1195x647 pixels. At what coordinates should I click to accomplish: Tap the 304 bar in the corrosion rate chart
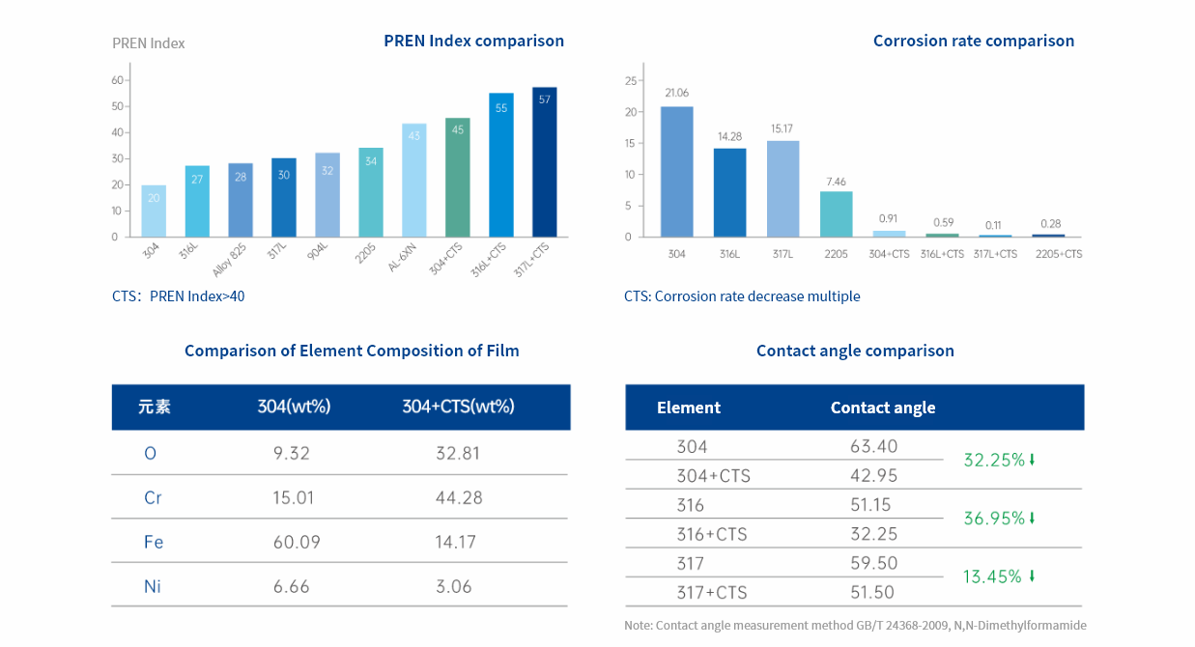676,172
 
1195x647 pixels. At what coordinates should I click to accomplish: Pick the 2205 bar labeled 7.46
836,214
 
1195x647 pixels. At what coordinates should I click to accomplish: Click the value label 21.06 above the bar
676,93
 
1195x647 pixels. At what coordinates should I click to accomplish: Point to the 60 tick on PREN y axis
116,80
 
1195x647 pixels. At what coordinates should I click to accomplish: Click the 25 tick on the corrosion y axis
630,80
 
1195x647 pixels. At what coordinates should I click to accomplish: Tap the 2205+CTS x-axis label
1058,254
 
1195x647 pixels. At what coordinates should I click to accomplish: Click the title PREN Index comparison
473,41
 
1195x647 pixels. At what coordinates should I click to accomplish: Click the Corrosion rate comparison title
973,41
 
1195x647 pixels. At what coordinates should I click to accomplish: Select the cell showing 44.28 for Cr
458,497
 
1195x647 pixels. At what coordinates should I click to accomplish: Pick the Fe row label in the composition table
153,542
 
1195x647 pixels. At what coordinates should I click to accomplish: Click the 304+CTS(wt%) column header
458,407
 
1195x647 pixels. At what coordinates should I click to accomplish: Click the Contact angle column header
882,408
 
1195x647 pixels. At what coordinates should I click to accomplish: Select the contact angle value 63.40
873,446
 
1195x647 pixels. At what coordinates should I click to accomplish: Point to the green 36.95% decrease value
994,519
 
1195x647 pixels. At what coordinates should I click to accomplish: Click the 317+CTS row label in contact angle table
711,592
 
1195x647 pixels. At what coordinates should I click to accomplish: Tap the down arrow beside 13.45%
1032,577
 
